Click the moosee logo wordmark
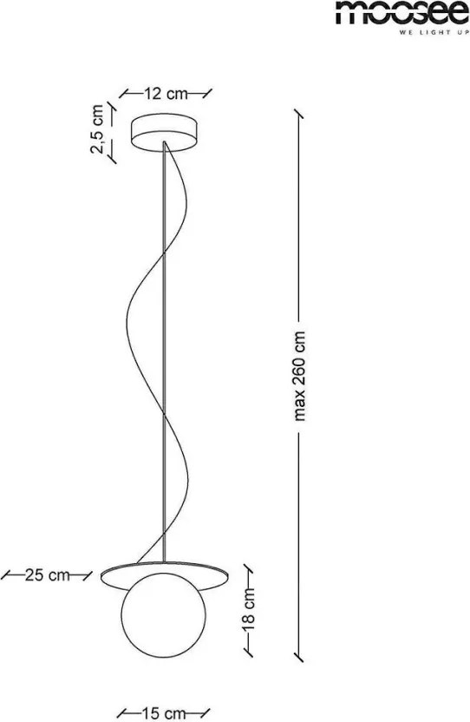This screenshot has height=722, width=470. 402,12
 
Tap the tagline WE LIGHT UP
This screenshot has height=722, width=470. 434,33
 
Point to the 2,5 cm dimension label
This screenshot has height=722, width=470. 98,129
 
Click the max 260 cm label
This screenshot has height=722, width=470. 300,377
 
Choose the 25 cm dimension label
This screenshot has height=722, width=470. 48,575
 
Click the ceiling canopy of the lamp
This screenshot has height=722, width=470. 166,131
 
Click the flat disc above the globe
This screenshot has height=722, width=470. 165,575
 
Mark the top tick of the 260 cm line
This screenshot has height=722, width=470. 299,115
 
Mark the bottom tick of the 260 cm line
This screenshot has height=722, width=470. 299,657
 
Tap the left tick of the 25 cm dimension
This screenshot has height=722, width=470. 6,575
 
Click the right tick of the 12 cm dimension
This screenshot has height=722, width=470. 207,94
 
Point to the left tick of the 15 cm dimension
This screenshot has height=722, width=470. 123,713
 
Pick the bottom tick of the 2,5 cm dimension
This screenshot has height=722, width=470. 111,159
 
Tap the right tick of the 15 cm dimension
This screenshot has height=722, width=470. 206,713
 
